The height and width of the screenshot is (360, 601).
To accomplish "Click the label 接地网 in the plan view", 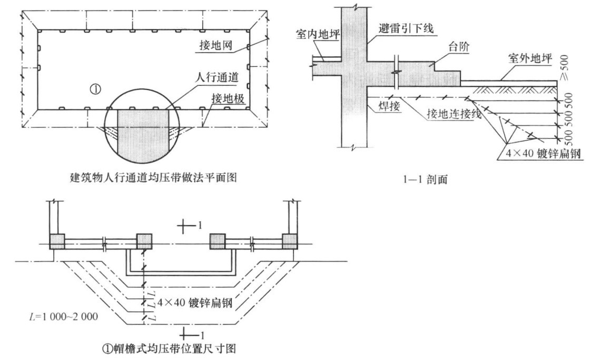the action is [216, 45].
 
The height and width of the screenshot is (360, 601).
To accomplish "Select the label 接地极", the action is [228, 99].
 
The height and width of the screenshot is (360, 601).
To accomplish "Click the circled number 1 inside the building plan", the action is [95, 89].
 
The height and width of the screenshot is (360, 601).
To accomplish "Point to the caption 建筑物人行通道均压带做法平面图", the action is [153, 177].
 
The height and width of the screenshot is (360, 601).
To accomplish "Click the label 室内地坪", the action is [318, 35].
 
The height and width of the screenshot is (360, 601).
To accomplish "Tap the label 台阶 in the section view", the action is [459, 47].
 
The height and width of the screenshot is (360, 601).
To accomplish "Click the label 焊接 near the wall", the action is [389, 106].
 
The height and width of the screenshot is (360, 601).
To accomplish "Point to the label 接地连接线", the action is [454, 114].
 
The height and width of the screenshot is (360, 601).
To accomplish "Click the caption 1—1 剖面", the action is [426, 179].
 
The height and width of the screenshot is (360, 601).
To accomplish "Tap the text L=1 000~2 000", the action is [63, 316].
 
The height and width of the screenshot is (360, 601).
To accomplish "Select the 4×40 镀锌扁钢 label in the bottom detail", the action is [195, 303].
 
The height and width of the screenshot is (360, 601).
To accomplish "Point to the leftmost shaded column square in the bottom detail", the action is [57, 242].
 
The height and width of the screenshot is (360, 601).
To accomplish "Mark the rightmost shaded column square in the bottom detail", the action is [290, 242].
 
